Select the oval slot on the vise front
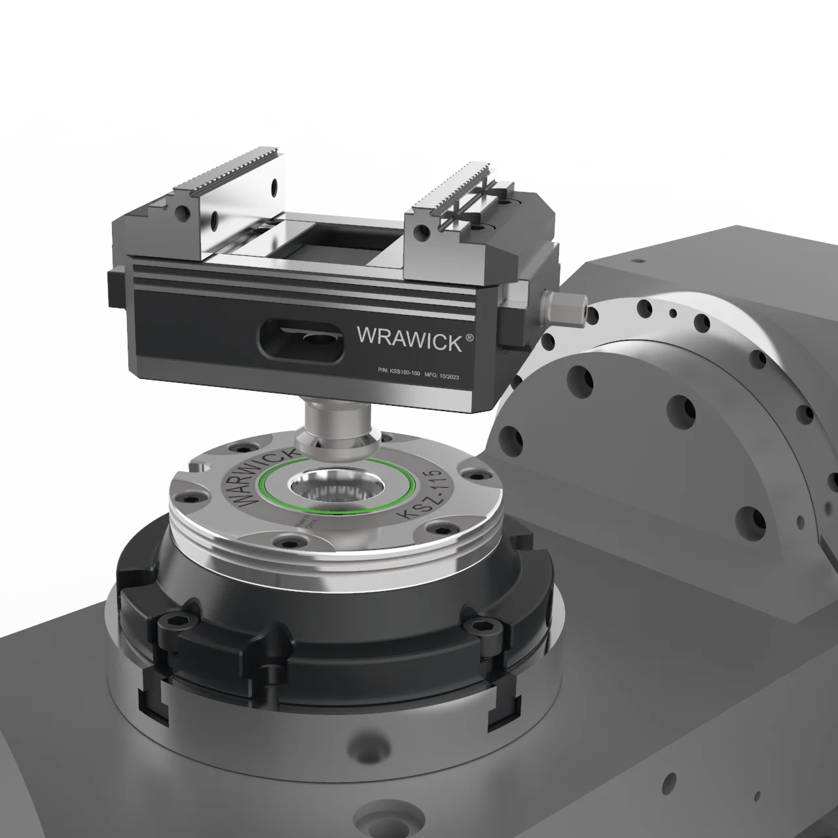pos(301,338)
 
